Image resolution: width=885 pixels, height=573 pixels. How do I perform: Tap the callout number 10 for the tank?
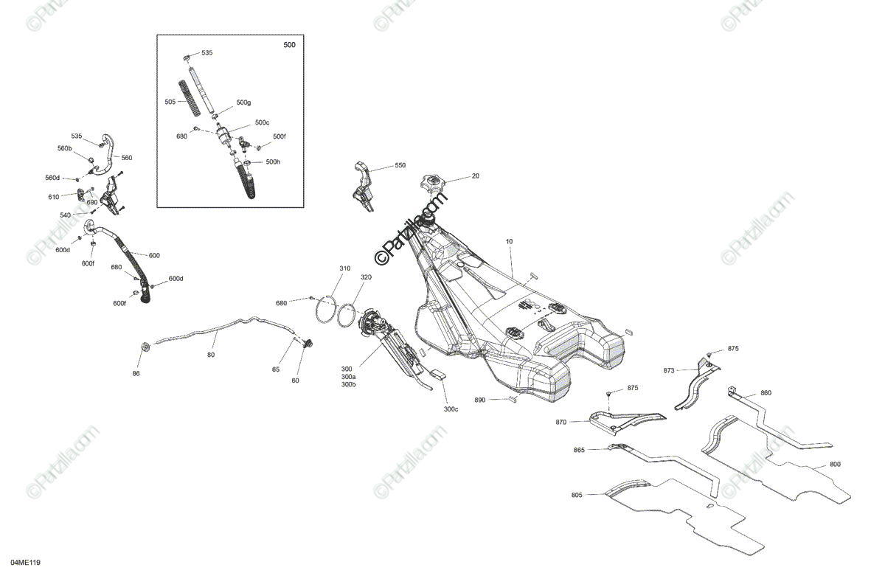(509, 242)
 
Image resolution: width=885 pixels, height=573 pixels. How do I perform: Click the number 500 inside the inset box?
(289, 46)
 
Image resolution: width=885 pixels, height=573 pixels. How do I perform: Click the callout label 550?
(400, 166)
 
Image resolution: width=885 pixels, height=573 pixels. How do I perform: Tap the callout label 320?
(366, 277)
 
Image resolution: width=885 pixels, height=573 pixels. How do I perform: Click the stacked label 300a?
(347, 378)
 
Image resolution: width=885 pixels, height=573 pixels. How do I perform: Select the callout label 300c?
(451, 409)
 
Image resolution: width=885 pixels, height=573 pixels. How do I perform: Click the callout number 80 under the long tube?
(211, 355)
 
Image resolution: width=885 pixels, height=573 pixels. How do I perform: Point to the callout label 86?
(136, 374)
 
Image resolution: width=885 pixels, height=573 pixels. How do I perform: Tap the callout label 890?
(480, 400)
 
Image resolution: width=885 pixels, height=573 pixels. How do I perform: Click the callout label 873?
(669, 370)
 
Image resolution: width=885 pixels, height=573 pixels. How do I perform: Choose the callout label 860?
(766, 393)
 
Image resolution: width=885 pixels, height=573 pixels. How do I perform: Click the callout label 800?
(835, 465)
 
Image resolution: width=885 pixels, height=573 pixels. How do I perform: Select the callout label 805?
(577, 495)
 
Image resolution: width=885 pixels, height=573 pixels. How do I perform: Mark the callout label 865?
(579, 449)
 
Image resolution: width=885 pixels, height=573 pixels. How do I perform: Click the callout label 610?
(55, 197)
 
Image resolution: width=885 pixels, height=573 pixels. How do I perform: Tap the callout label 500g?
(243, 103)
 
